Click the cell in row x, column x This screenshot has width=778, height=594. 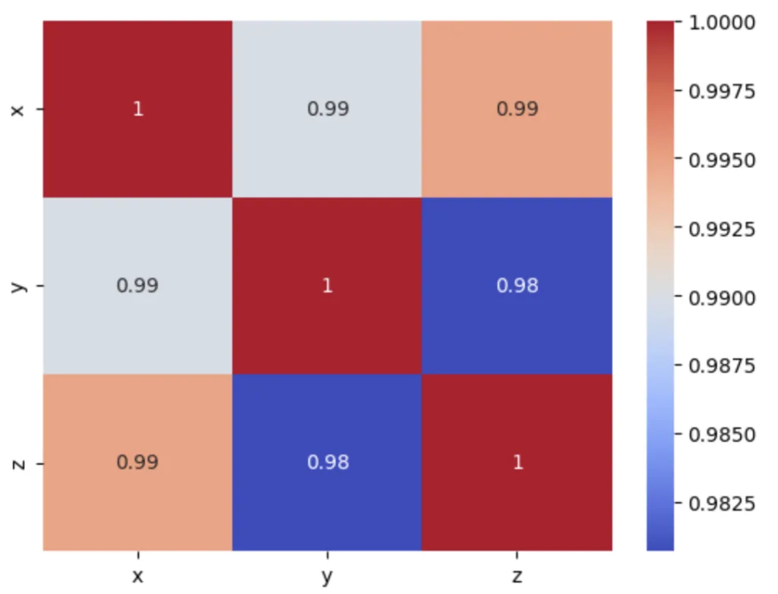pos(138,109)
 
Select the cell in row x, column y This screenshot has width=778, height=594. pos(327,109)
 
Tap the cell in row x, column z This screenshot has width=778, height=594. pos(517,109)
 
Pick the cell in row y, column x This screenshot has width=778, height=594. pos(138,286)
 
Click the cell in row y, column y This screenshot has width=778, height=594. pos(327,286)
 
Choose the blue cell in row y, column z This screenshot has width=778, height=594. pos(517,286)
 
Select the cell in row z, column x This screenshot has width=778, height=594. pos(138,462)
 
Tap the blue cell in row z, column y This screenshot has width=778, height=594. pos(327,462)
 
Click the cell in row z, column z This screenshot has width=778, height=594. pos(517,462)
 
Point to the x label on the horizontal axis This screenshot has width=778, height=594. pos(138,576)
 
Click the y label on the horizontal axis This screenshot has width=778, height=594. pos(327,577)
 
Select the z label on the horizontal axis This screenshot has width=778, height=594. pos(517,576)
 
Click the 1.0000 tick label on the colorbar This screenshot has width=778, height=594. pos(721,23)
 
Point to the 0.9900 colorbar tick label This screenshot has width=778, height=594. pos(721,297)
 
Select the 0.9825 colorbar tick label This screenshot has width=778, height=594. pos(721,503)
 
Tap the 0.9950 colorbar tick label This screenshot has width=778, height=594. pos(721,160)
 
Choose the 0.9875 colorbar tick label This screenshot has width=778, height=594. pos(721,366)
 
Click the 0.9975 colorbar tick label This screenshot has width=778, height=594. pos(721,92)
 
